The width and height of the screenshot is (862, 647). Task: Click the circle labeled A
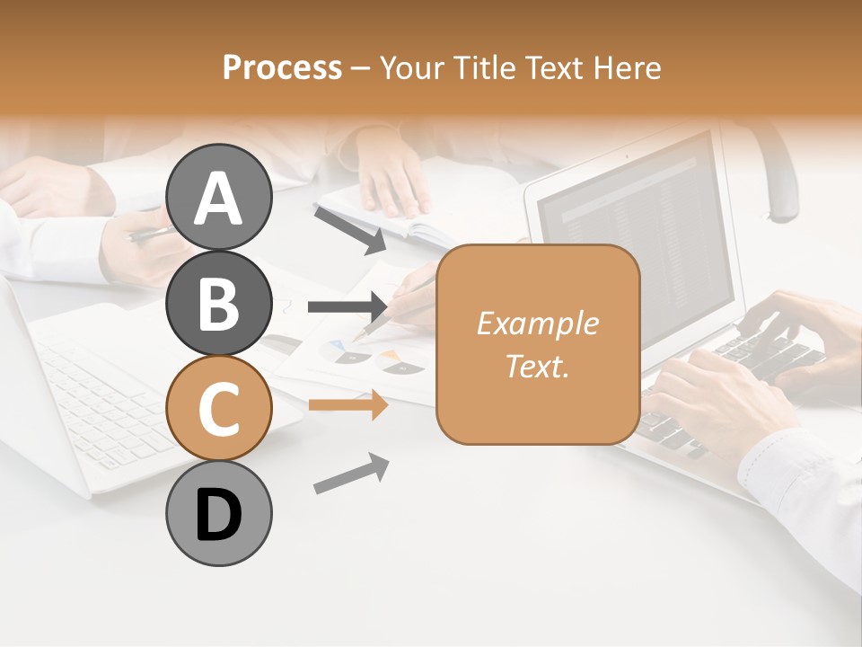(x=218, y=197)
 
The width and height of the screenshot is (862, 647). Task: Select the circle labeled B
(x=218, y=302)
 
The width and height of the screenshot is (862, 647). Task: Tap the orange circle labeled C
(x=218, y=407)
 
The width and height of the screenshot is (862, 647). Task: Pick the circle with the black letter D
(x=218, y=513)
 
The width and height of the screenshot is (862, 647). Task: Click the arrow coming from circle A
(x=350, y=228)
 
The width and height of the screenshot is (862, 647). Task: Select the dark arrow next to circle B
(x=347, y=307)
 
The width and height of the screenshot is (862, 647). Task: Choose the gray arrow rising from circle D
(x=351, y=474)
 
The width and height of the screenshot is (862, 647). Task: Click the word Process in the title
(x=282, y=68)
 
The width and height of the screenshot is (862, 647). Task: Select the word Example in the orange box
(x=537, y=323)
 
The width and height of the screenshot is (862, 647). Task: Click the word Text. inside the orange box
(x=537, y=366)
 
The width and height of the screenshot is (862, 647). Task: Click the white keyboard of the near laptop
(x=99, y=395)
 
